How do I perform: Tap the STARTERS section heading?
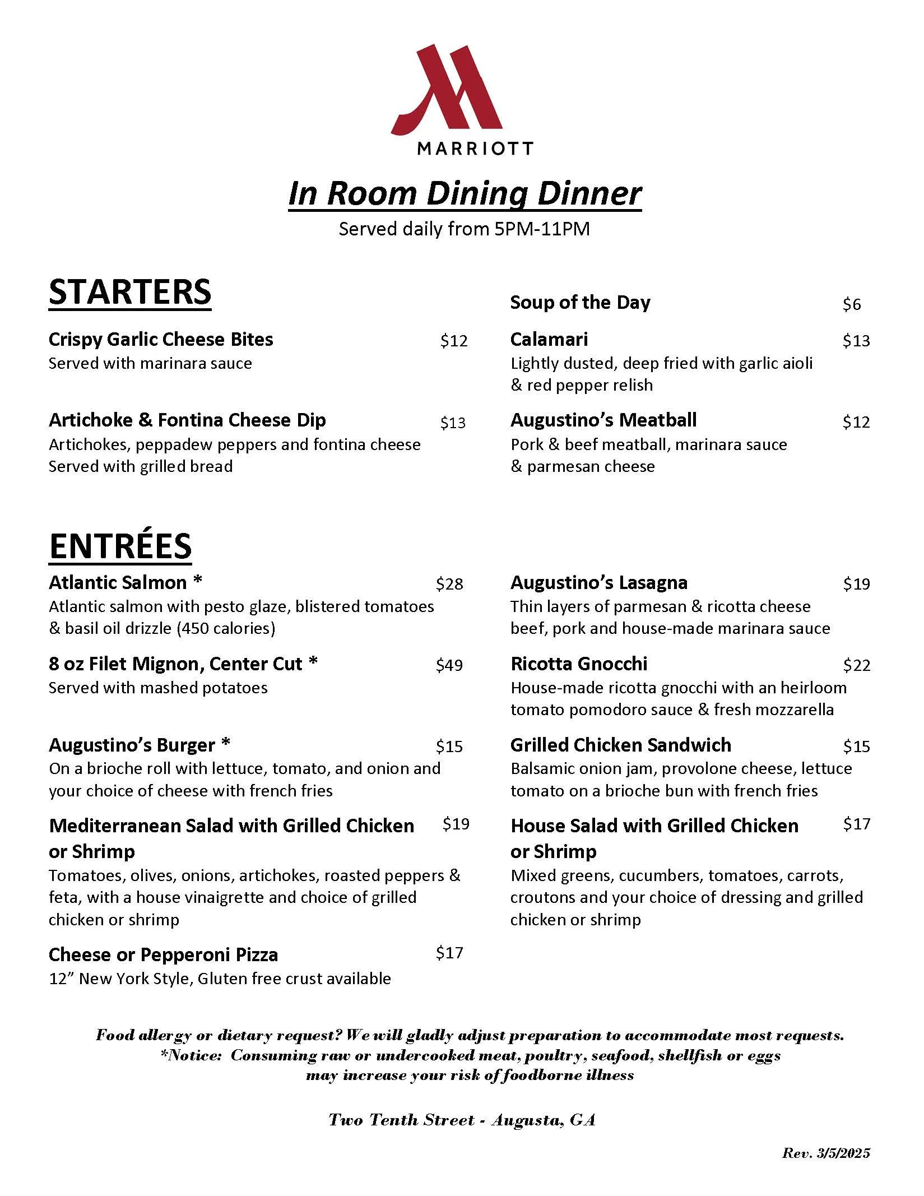coord(130,292)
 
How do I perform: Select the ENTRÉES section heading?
coord(120,546)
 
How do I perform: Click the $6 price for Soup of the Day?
coord(851,304)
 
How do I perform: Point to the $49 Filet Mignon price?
coord(449,665)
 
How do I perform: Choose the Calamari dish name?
coord(549,339)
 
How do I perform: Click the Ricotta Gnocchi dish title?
coord(579,664)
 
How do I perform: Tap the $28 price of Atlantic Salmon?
coord(449,584)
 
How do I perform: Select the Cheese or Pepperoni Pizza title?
coord(163,954)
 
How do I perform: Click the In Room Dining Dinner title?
coord(465,194)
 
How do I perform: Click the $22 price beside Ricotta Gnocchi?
coord(856,665)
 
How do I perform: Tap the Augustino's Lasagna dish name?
coord(598,582)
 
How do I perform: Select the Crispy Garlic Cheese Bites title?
coord(161,339)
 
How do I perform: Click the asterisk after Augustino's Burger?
coord(225,744)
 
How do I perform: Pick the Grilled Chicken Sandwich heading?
coord(621,745)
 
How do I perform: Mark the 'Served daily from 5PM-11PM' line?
coord(464,229)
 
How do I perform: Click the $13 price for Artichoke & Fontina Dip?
coord(453,423)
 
